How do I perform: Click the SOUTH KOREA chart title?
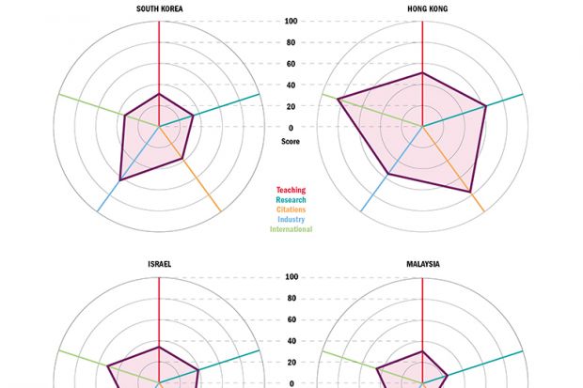click(x=159, y=8)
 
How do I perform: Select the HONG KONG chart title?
click(x=423, y=8)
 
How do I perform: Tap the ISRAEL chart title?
click(x=159, y=264)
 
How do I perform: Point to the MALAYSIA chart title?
click(x=423, y=264)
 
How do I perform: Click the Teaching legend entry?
click(x=291, y=191)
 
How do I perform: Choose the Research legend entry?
click(x=291, y=200)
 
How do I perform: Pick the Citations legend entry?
click(x=291, y=210)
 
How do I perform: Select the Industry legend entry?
click(x=291, y=220)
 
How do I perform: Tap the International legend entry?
click(x=291, y=229)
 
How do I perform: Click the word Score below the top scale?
click(x=291, y=141)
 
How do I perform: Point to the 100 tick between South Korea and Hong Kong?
click(x=291, y=22)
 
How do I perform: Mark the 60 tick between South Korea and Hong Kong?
click(x=291, y=64)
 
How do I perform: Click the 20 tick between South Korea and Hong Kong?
click(x=291, y=106)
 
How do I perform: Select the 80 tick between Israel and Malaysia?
click(x=291, y=299)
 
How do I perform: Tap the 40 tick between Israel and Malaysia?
click(x=291, y=341)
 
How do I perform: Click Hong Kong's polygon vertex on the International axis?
click(x=338, y=99)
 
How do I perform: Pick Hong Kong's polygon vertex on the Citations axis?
click(x=470, y=192)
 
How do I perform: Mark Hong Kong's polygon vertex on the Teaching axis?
click(x=423, y=72)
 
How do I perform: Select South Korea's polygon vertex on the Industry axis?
click(x=119, y=179)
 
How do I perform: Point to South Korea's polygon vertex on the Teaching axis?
click(x=159, y=94)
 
